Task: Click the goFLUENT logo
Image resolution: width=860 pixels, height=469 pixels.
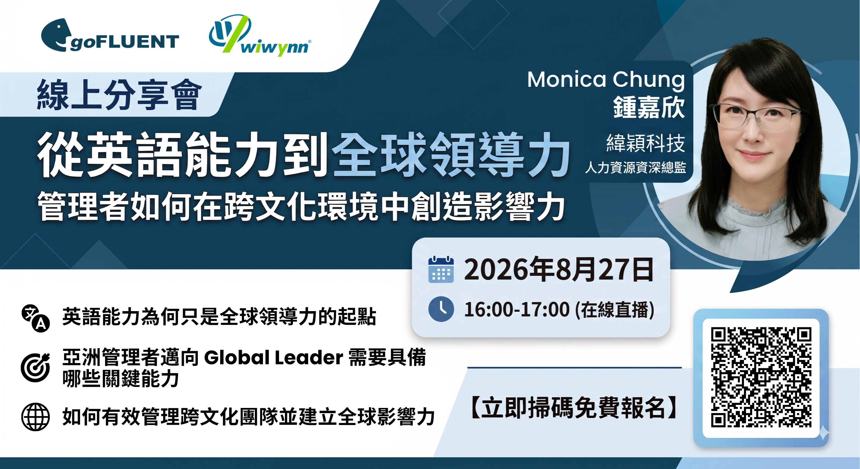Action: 110,35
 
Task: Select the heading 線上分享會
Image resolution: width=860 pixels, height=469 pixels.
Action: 119,95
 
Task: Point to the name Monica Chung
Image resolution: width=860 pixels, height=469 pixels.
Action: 606,80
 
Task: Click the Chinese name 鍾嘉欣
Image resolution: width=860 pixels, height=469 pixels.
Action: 649,108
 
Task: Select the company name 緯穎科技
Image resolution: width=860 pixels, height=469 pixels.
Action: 646,143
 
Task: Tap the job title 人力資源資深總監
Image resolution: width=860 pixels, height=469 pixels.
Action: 635,168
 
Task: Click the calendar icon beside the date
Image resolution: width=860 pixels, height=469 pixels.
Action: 441,270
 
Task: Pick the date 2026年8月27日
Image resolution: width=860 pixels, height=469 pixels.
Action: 559,270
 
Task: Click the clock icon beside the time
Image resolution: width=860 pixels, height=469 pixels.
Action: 441,309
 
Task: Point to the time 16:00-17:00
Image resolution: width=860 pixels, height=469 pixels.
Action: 517,309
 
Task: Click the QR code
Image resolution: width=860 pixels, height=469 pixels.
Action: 761,377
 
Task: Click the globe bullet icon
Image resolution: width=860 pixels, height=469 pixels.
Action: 35,417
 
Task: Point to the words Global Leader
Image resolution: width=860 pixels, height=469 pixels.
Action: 273,358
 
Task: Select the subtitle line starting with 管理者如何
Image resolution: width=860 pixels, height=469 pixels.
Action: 301,207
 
